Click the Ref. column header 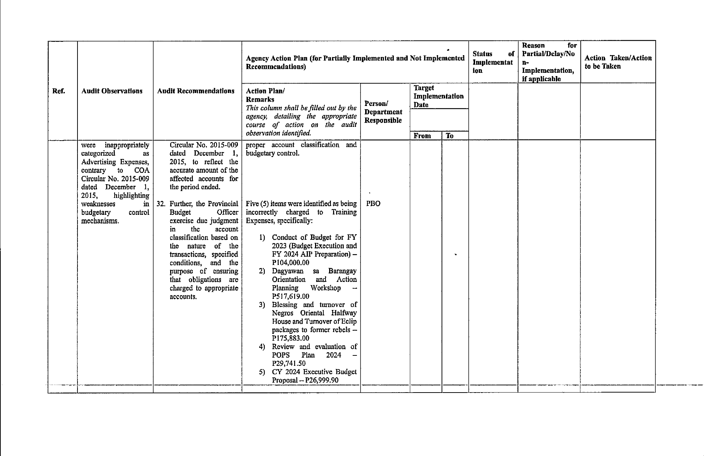(x=59, y=91)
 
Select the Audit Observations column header (x=112, y=91)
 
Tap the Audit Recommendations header (x=196, y=91)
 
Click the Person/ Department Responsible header (x=383, y=112)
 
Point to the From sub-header (x=422, y=136)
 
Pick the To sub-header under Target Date (x=450, y=136)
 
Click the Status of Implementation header (x=493, y=62)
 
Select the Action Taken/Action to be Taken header (x=618, y=62)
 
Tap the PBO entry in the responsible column (x=373, y=204)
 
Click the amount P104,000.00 (x=291, y=263)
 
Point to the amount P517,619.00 (x=291, y=296)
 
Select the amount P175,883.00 (x=291, y=338)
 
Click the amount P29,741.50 (x=289, y=363)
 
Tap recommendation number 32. (x=161, y=204)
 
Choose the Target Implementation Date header (x=438, y=96)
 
